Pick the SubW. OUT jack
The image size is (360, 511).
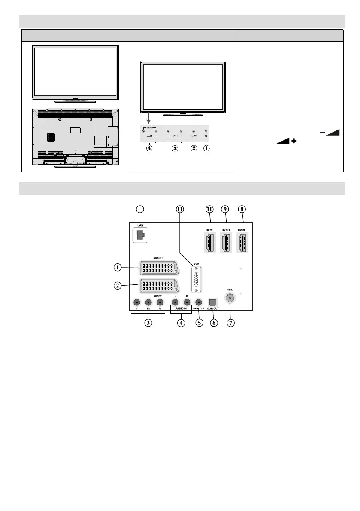pos(198,302)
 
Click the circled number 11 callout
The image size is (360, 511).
pos(180,209)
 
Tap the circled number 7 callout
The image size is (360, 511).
pos(231,322)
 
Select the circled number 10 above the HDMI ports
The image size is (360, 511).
pos(209,209)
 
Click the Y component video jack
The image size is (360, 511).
pos(136,302)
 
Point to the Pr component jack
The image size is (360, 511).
pos(160,302)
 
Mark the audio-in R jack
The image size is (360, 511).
pos(186,302)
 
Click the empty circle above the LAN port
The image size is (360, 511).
pos(139,209)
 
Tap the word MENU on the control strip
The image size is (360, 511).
pos(149,127)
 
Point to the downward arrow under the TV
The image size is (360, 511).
pos(147,118)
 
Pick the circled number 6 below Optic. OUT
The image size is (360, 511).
pos(213,322)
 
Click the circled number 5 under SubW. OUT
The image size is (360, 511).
pos(198,322)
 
